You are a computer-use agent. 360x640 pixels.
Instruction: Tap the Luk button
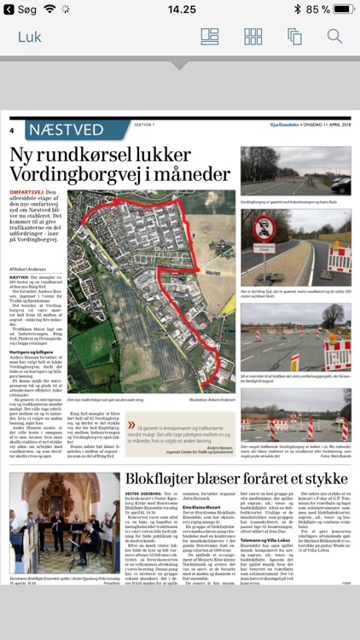pyautogui.click(x=29, y=37)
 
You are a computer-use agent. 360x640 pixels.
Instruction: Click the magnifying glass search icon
pyautogui.click(x=334, y=37)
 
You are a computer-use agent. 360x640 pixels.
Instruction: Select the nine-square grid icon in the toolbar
pyautogui.click(x=253, y=37)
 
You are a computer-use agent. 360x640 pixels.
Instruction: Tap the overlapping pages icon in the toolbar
pyautogui.click(x=294, y=37)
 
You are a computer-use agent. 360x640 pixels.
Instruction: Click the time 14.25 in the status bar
pyautogui.click(x=181, y=9)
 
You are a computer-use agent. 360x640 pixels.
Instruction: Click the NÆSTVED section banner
pyautogui.click(x=77, y=131)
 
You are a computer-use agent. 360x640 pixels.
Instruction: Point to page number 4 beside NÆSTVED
pyautogui.click(x=13, y=131)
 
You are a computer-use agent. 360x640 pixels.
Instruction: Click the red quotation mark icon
pyautogui.click(x=131, y=426)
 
